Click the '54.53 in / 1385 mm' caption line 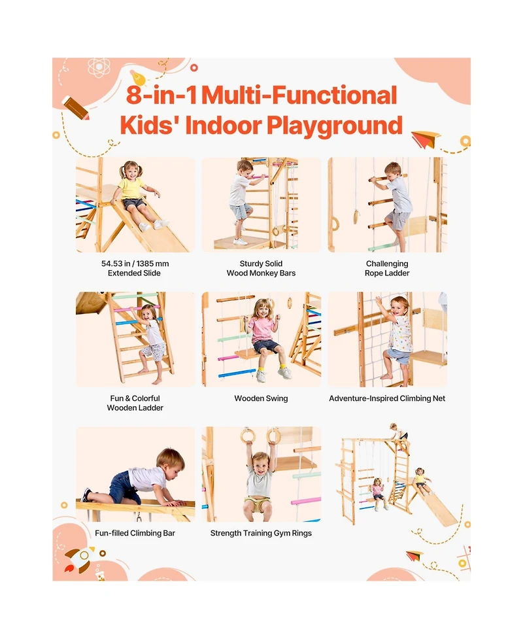(x=134, y=264)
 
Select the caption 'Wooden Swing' (x=261, y=398)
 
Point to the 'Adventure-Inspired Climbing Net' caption (x=387, y=398)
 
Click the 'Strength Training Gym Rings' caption (x=261, y=533)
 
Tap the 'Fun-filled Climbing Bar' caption (x=135, y=533)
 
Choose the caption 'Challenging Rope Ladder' (x=387, y=268)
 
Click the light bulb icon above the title (x=137, y=77)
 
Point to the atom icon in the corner (x=98, y=67)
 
